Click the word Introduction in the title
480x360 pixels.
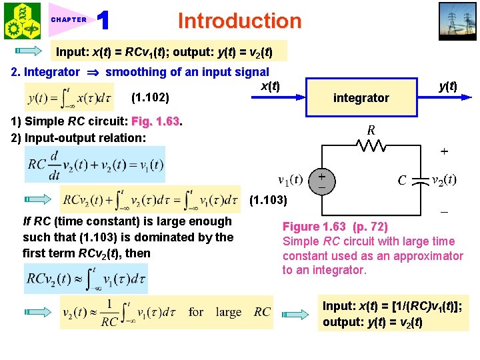click(239, 21)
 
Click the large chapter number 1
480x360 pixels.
click(103, 21)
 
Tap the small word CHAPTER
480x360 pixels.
click(69, 20)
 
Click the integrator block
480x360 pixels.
click(361, 98)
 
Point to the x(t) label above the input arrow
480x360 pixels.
click(270, 85)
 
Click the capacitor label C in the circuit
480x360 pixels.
click(402, 180)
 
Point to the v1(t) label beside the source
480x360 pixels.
click(290, 180)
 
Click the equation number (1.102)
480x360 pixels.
click(151, 98)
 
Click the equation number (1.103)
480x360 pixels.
click(269, 200)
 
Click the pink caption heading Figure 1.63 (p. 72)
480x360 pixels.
click(335, 227)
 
